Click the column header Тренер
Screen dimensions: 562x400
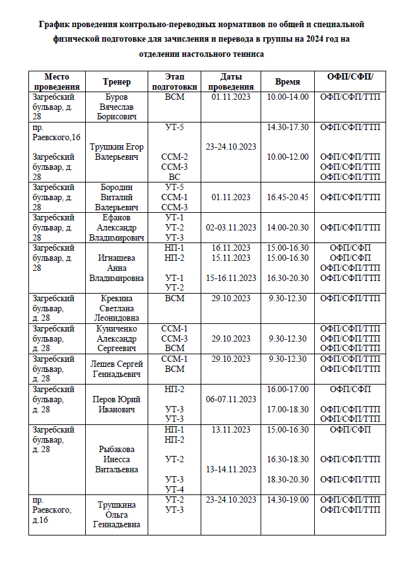[117, 82]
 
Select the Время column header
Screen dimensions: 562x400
[288, 82]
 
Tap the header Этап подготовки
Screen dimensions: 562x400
[174, 81]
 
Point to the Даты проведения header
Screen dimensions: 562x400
[231, 81]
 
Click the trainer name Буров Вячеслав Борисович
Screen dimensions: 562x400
[117, 107]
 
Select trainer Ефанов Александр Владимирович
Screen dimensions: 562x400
[117, 227]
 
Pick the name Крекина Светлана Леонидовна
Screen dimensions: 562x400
[117, 308]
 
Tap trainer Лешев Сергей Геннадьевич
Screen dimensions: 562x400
[117, 369]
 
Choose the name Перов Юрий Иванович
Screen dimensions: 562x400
[117, 404]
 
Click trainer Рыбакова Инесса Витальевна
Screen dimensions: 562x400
[117, 460]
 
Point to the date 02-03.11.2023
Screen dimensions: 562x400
[231, 227]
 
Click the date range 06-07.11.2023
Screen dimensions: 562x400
[231, 399]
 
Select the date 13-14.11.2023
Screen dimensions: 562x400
[231, 469]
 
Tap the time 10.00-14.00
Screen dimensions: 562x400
[288, 97]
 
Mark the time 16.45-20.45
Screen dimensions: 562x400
[288, 197]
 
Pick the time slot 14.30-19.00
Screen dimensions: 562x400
[288, 500]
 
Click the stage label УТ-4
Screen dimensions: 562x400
[174, 489]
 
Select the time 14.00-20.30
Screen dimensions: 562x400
[288, 227]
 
